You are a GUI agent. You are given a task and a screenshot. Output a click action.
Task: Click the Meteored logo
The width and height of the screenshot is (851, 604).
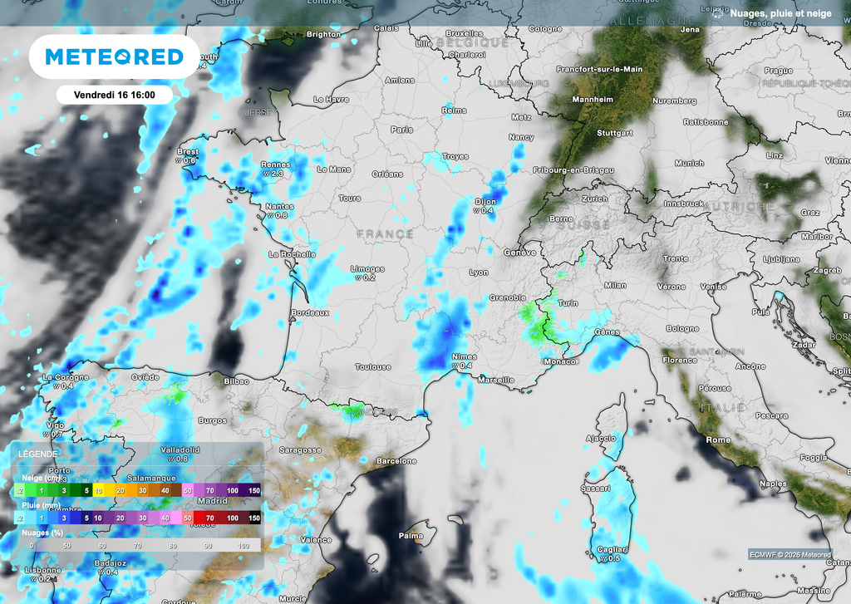pyautogui.click(x=114, y=56)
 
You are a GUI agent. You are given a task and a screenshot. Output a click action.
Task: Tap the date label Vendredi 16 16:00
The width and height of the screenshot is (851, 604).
pyautogui.click(x=115, y=96)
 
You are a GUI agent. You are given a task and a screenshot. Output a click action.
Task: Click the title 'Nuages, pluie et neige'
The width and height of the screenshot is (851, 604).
pyautogui.click(x=779, y=12)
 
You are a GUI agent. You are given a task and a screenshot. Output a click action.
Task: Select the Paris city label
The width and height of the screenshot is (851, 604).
pyautogui.click(x=402, y=130)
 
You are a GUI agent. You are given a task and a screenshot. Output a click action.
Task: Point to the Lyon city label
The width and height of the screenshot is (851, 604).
pyautogui.click(x=478, y=273)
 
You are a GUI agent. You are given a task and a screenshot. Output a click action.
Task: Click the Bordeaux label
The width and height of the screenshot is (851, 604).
pyautogui.click(x=310, y=312)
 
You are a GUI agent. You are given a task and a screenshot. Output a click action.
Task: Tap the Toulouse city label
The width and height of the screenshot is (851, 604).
pyautogui.click(x=373, y=366)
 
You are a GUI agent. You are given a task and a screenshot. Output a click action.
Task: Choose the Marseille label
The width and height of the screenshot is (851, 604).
pyautogui.click(x=496, y=380)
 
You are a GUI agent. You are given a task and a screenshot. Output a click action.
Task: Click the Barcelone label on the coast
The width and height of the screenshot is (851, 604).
pyautogui.click(x=396, y=460)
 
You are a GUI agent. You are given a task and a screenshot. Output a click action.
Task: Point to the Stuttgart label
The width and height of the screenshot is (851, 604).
pyautogui.click(x=614, y=133)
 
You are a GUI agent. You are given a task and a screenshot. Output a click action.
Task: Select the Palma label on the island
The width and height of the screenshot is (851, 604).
pyautogui.click(x=411, y=536)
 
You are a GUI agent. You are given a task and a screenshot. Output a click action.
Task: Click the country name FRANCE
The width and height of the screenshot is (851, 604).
pyautogui.click(x=385, y=234)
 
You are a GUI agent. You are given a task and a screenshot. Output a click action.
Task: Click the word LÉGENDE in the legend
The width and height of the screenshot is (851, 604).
pyautogui.click(x=39, y=454)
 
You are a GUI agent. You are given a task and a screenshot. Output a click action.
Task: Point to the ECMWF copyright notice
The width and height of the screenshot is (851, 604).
pyautogui.click(x=790, y=555)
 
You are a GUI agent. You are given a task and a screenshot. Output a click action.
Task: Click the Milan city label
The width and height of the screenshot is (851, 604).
pyautogui.click(x=615, y=285)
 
